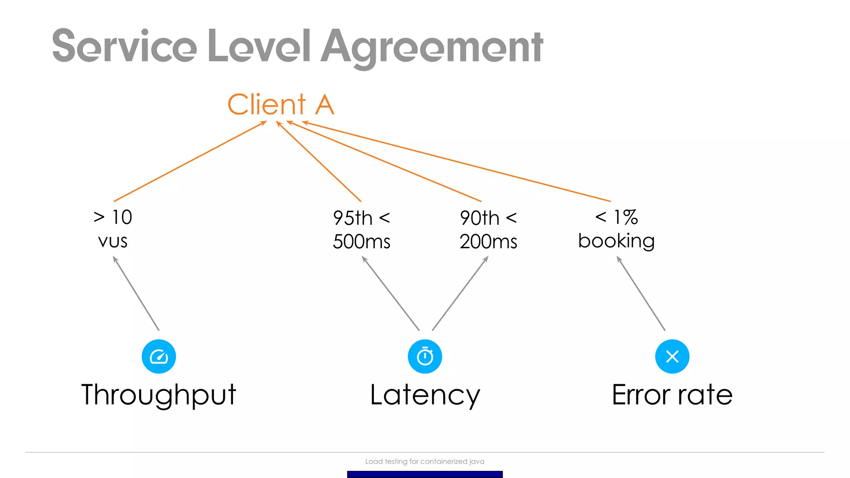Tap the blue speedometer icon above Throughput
tap(159, 356)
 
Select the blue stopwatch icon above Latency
tap(425, 356)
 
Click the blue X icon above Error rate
tap(672, 356)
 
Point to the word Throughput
tap(159, 395)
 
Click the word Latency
tap(425, 395)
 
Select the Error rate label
tap(672, 395)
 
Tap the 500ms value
tap(361, 241)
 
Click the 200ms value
tap(489, 241)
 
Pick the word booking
tap(616, 241)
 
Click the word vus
tap(113, 241)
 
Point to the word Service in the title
tap(124, 46)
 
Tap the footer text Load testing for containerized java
tap(425, 461)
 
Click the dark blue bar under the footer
tap(425, 474)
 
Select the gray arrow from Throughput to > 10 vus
tap(136, 293)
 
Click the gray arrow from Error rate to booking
tap(641, 293)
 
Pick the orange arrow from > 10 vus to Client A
tap(190, 161)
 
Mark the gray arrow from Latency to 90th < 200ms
tap(460, 293)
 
